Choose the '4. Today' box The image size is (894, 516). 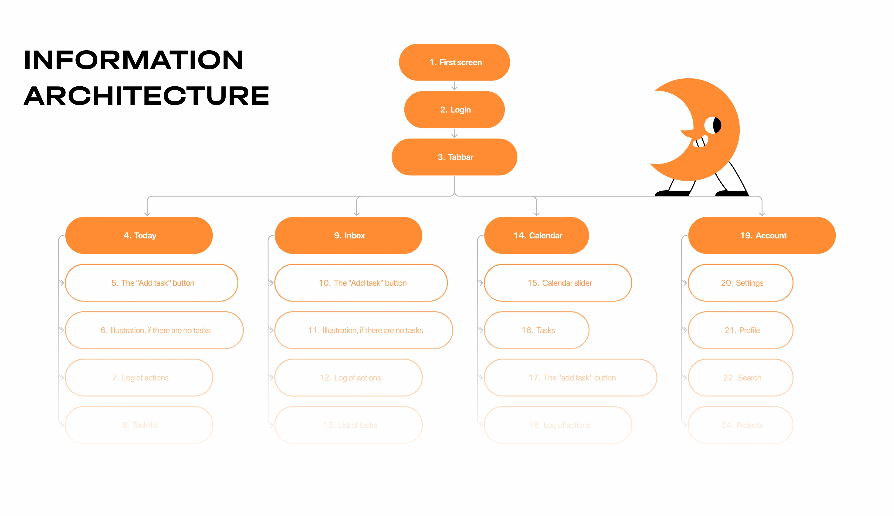pyautogui.click(x=139, y=235)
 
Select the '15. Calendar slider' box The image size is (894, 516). pyautogui.click(x=558, y=283)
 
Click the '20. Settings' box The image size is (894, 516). pyautogui.click(x=741, y=283)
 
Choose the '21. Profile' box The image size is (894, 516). pyautogui.click(x=741, y=330)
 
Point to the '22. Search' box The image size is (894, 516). pyautogui.click(x=741, y=377)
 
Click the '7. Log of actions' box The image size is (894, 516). pyautogui.click(x=139, y=377)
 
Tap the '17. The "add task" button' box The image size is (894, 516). pyautogui.click(x=570, y=377)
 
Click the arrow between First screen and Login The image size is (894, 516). pyautogui.click(x=455, y=86)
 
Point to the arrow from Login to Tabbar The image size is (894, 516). pyautogui.click(x=455, y=133)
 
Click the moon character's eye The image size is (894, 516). pyautogui.click(x=713, y=125)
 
